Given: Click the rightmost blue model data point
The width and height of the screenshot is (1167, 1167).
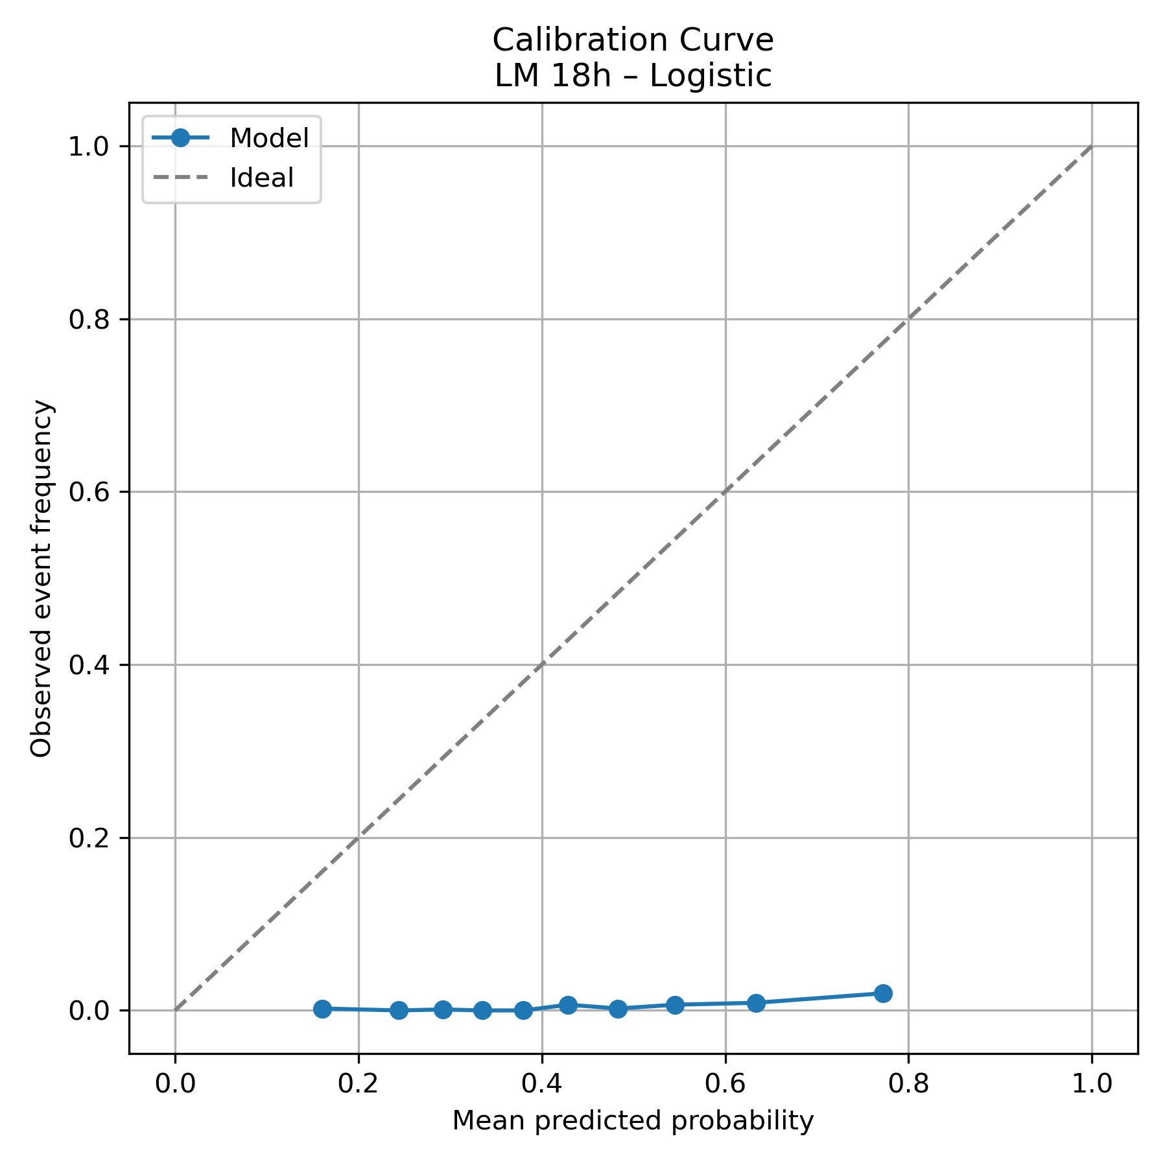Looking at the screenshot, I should coord(883,993).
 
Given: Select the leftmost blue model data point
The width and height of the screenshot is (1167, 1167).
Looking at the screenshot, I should coord(322,1008).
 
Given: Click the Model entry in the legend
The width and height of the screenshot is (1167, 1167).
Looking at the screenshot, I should coord(269,138).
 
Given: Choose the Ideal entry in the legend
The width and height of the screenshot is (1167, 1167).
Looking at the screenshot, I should coord(262,178).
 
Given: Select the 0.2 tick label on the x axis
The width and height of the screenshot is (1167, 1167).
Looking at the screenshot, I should coord(359,1083).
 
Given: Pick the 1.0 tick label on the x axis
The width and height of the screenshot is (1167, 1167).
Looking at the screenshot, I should coord(1092,1083).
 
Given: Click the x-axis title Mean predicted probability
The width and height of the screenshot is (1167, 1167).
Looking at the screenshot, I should coord(633,1121).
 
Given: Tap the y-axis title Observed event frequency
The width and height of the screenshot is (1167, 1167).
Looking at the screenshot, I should coord(42,578).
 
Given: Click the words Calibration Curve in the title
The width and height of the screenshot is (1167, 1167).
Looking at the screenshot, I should coord(633,40).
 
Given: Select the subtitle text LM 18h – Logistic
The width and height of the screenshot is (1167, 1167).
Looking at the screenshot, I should coord(633,76).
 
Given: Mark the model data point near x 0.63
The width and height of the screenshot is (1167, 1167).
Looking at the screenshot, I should coord(756,1003).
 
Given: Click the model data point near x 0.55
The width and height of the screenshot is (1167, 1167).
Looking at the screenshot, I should coord(675,1005).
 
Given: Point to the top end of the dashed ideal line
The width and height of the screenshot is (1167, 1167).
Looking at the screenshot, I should coord(1092,147).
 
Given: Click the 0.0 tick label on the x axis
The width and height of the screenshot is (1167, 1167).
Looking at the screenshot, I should coord(175,1083).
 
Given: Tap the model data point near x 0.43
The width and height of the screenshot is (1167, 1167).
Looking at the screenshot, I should coord(568,1005).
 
